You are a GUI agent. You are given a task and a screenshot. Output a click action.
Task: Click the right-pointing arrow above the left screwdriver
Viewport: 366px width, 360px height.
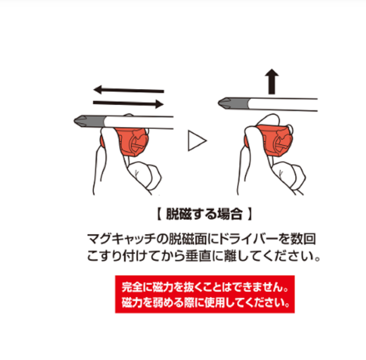point(128,103)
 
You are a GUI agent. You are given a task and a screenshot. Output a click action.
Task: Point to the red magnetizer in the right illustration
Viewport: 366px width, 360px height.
point(274,138)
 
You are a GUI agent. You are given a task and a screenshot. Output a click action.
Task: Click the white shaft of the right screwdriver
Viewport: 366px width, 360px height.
point(284,104)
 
